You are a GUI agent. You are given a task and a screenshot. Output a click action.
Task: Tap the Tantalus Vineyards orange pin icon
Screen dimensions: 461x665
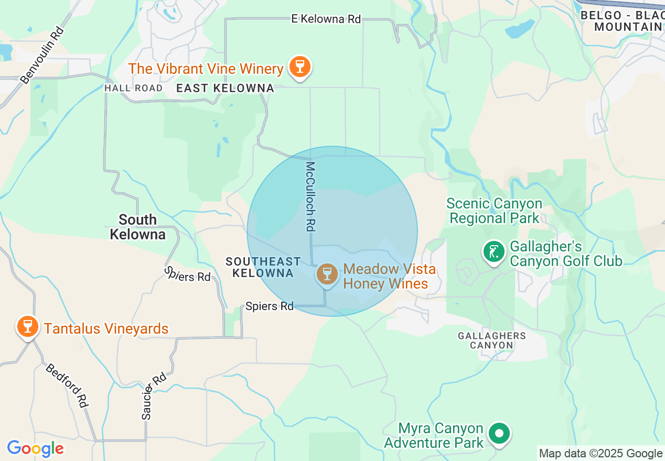click(27, 327)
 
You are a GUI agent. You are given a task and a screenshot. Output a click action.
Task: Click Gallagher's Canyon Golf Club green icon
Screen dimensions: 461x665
click(493, 253)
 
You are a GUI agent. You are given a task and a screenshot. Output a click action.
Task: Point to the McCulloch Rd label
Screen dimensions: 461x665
click(310, 196)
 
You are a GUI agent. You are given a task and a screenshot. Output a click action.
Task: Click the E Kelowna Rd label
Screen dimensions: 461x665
click(326, 19)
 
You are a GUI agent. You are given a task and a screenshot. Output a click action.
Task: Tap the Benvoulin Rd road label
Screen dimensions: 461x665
click(42, 56)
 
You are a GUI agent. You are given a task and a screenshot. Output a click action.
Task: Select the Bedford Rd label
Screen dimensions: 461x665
click(66, 385)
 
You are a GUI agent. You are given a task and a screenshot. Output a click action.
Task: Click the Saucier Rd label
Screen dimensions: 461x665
click(154, 396)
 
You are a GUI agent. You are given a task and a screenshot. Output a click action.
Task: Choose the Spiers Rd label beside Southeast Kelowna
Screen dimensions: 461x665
click(270, 306)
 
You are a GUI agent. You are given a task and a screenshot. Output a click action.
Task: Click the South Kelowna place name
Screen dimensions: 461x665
click(137, 227)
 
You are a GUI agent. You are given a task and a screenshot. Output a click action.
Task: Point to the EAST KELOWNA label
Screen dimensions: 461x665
click(225, 88)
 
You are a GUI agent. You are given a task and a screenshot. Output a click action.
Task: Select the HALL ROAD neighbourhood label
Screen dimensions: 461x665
click(133, 88)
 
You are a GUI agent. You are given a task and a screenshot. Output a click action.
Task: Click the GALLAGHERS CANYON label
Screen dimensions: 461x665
click(491, 340)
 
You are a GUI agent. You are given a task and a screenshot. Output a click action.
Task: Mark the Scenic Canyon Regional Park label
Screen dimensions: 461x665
click(494, 211)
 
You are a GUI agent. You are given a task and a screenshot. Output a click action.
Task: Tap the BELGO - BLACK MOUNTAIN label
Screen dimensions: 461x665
click(622, 21)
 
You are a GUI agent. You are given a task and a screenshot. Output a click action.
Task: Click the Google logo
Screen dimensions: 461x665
click(35, 448)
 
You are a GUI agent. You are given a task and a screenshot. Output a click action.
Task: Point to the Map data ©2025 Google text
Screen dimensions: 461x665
click(600, 454)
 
